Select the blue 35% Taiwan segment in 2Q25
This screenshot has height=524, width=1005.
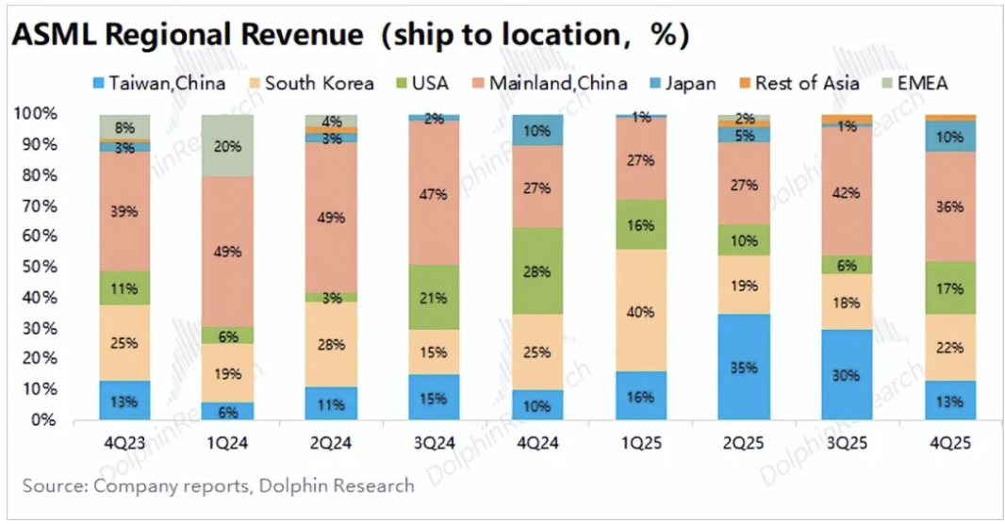click(x=743, y=367)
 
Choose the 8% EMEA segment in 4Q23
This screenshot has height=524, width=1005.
click(x=125, y=127)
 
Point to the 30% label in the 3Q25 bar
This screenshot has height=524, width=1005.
click(x=846, y=375)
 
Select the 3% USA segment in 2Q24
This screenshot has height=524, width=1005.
click(x=332, y=297)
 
